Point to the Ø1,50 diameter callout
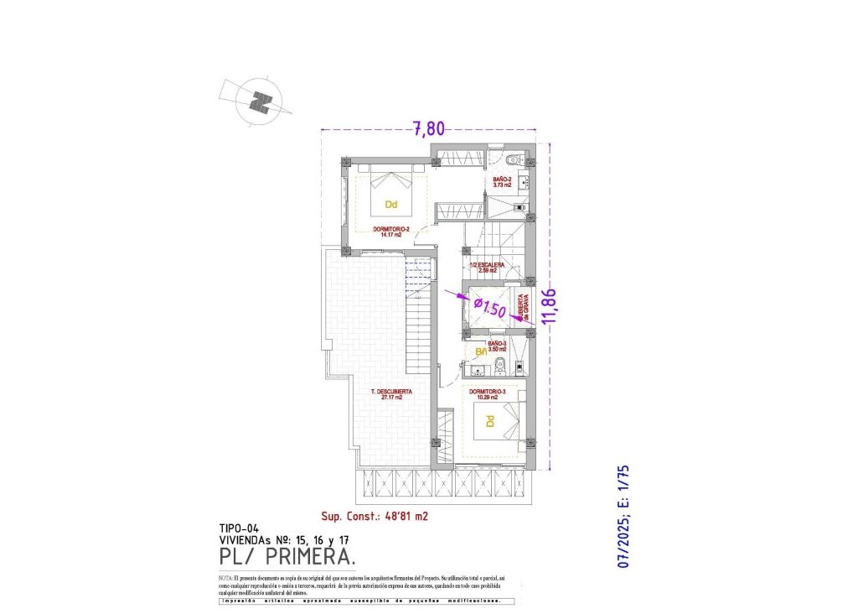coord(490,307)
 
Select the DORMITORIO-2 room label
coord(391,232)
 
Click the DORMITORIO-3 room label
coord(486,393)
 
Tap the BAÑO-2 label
coord(502,182)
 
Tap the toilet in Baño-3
coord(499,363)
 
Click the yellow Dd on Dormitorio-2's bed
coord(391,204)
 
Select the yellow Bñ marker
coord(481,351)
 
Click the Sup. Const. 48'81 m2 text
coord(375,517)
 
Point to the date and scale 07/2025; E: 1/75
coord(624,518)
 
